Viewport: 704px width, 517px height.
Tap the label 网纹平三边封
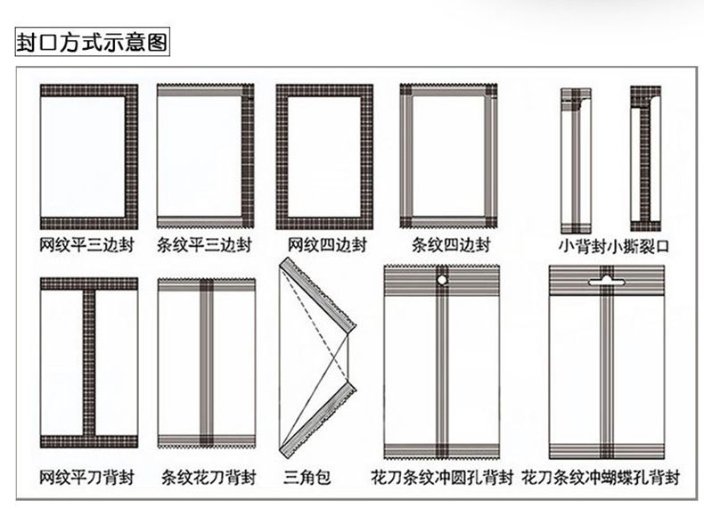87,244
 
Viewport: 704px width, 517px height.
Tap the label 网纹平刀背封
87,476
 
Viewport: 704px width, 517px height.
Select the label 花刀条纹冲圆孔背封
443,476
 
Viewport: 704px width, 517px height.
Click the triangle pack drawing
316,357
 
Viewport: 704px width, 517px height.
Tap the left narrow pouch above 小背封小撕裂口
575,158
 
